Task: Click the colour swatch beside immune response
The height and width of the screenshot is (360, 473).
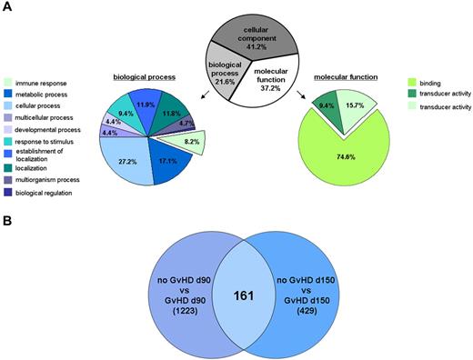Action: pos(8,82)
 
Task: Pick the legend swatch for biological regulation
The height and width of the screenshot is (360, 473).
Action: pos(8,194)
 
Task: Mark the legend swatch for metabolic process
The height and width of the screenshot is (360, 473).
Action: pos(8,94)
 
